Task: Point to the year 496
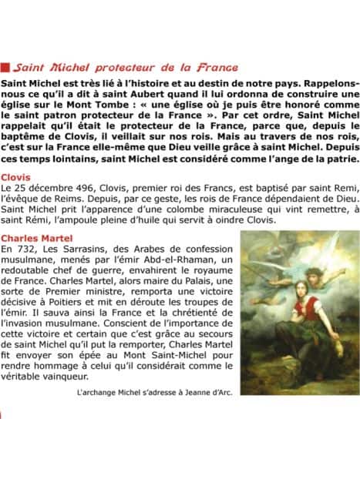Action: coord(79,210)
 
